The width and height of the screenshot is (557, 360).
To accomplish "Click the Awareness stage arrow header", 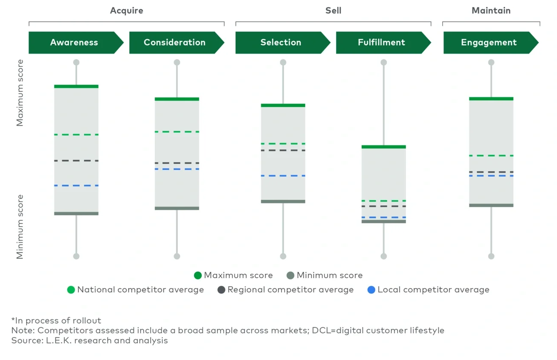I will [x=74, y=42].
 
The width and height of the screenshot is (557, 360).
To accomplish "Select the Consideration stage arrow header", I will [x=175, y=42].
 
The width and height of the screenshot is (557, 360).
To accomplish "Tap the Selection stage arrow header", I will [x=281, y=42].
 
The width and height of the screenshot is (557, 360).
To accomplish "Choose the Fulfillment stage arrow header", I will [x=381, y=42].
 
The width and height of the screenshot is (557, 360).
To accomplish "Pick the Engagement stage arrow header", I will [x=489, y=42].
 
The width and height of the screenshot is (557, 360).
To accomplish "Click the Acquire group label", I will [x=126, y=11].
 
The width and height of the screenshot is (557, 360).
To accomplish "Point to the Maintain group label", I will [x=491, y=11].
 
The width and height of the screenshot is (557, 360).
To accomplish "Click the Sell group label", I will [x=333, y=11].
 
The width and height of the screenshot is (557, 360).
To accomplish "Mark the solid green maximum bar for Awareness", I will [x=76, y=86].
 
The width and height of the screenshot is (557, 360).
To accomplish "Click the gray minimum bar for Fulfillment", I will [x=383, y=222].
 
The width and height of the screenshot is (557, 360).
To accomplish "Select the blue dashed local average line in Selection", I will [x=283, y=176].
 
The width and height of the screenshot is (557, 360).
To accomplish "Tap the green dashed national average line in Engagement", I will [x=491, y=156].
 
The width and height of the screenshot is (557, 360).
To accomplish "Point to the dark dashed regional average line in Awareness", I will [x=76, y=161].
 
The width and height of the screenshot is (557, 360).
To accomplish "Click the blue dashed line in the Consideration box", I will [x=177, y=169].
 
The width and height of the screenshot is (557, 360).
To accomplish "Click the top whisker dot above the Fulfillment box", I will [x=383, y=63].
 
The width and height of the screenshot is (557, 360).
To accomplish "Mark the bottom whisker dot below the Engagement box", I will [x=491, y=256].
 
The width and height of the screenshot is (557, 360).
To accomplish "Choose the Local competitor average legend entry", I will [x=428, y=290].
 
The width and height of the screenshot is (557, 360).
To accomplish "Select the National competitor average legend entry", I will [x=136, y=290].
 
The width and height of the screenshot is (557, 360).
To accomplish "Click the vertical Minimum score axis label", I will [x=20, y=227].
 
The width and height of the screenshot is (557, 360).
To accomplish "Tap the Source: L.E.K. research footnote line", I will [x=89, y=341].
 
